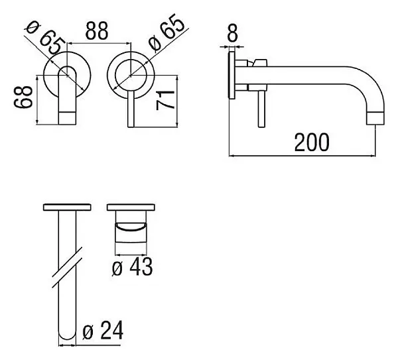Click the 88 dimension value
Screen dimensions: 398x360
click(97, 31)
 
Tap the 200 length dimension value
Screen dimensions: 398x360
click(312, 143)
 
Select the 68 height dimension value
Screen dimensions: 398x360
click(23, 97)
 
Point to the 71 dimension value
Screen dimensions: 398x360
click(165, 100)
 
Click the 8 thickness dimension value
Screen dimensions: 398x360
click(232, 32)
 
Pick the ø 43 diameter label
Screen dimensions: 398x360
click(132, 267)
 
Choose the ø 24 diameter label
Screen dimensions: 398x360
click(103, 330)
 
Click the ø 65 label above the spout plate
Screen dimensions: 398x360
click(44, 38)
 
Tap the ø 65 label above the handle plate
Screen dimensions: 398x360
click(166, 32)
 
